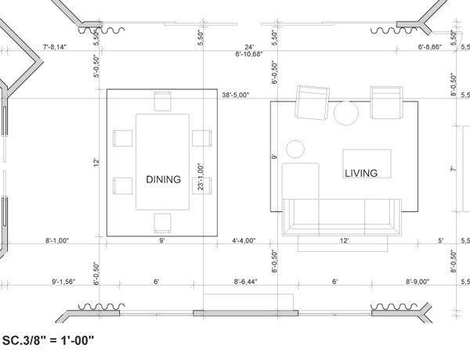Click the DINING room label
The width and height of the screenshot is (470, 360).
(x=164, y=179)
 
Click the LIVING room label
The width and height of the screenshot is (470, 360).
(x=361, y=173)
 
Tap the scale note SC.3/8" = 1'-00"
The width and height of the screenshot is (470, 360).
(x=48, y=340)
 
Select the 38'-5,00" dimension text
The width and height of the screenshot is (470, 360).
(x=236, y=95)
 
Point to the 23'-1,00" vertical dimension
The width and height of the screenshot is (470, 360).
(x=201, y=177)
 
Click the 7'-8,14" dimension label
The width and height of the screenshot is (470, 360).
(x=55, y=47)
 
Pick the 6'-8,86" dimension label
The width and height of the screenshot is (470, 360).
(x=430, y=47)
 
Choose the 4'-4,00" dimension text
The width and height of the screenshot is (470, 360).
(x=244, y=240)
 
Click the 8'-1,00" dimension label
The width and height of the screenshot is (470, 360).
(x=57, y=240)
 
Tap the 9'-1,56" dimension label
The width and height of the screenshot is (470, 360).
(x=63, y=282)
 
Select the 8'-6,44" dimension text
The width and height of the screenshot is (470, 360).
(x=246, y=282)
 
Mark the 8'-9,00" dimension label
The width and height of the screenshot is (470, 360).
(x=418, y=282)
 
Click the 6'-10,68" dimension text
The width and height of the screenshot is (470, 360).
(x=249, y=54)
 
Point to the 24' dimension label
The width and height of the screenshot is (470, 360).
(x=249, y=47)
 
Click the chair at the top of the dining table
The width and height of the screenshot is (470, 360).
(x=162, y=101)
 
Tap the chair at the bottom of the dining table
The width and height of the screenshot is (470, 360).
(x=162, y=223)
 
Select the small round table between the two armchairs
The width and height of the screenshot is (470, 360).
(x=346, y=113)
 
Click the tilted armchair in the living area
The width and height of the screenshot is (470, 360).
(x=312, y=103)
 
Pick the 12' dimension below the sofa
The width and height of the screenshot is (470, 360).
(x=345, y=240)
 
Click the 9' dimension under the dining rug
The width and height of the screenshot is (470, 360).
(x=162, y=240)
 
